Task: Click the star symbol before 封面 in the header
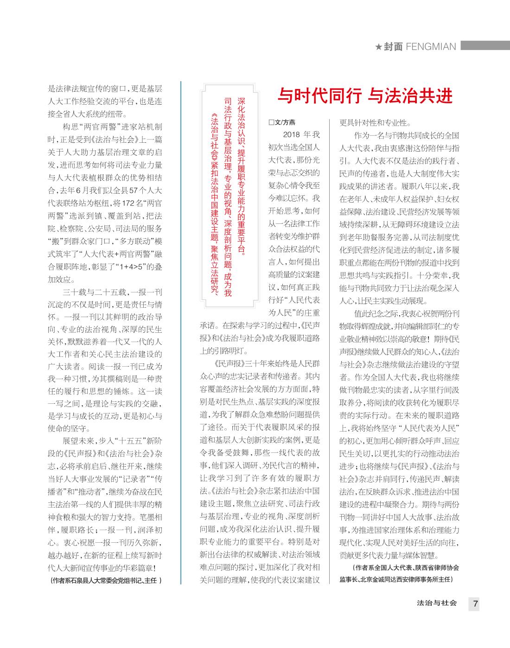[x=378, y=47]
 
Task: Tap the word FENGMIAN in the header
[x=431, y=47]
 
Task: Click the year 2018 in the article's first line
[x=292, y=135]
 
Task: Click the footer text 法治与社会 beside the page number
[x=437, y=604]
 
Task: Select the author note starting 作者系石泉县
[x=106, y=580]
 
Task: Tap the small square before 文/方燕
[x=271, y=122]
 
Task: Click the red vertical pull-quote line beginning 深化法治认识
[x=241, y=176]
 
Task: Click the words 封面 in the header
[x=393, y=47]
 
